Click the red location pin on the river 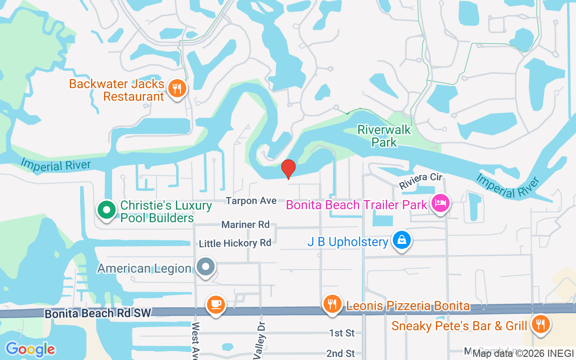pos(288,169)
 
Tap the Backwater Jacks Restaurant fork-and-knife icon pos(177,88)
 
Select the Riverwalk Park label pos(384,136)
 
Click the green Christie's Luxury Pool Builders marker pos(106,210)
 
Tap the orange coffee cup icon pos(216,305)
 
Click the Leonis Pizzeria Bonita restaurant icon pos(332,304)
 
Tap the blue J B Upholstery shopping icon pos(401,240)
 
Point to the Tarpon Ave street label pos(251,201)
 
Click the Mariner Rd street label pos(245,224)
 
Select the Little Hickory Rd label pos(235,243)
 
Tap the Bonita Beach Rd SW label pos(99,313)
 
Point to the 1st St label pos(342,333)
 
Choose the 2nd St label pos(341,353)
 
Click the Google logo pos(30,349)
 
